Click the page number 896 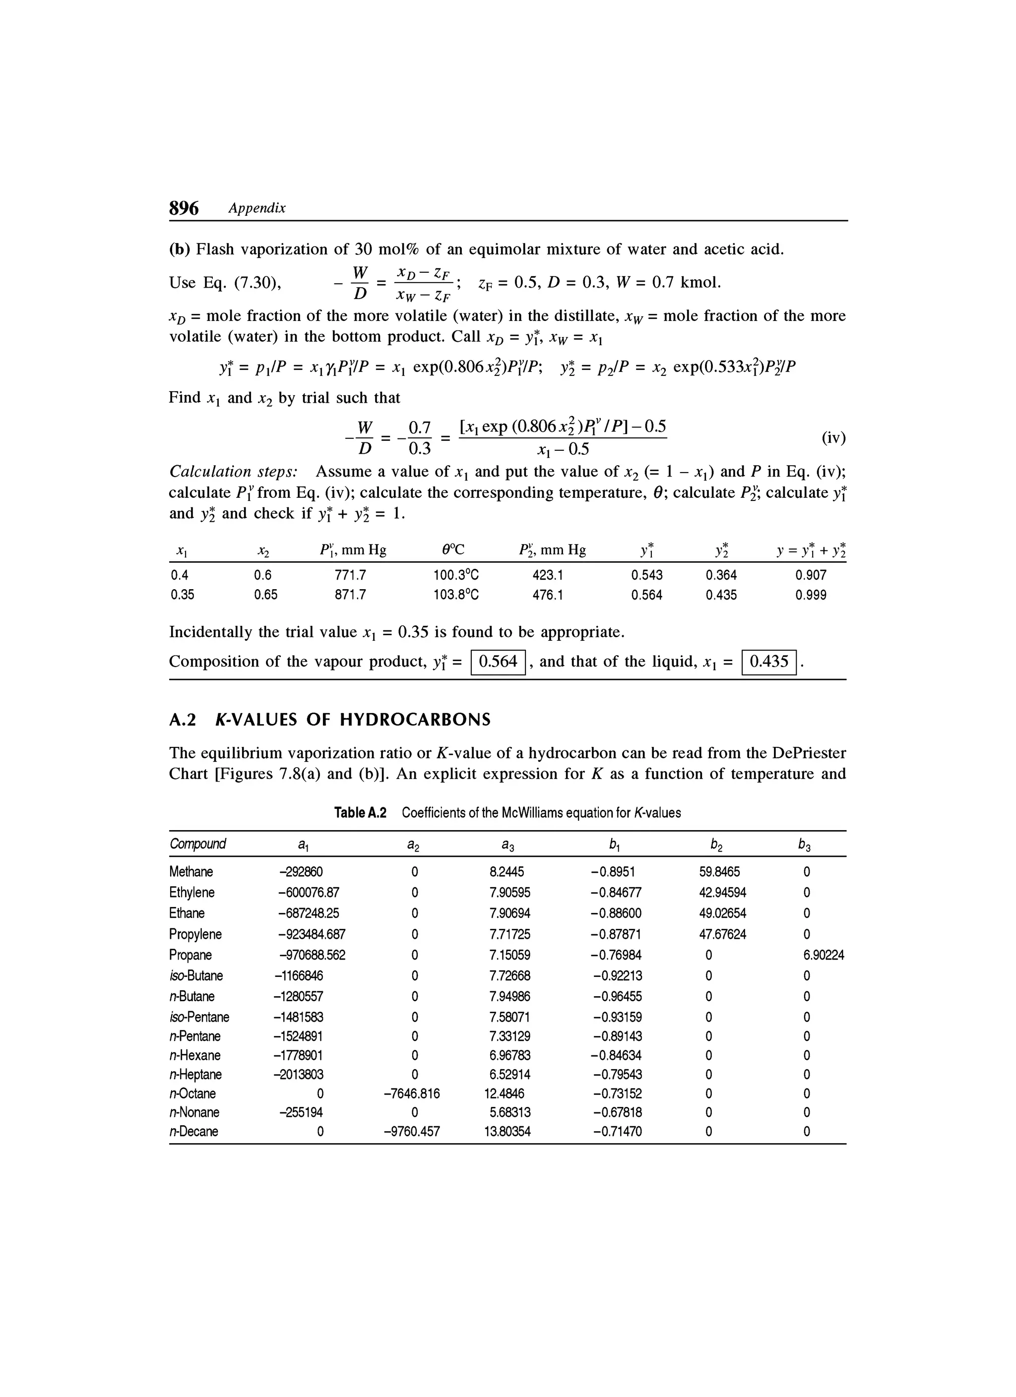(x=184, y=208)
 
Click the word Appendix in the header (x=256, y=208)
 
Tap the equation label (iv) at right (x=833, y=438)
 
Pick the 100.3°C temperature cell (x=456, y=575)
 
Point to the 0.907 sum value (x=810, y=575)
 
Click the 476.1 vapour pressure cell (x=548, y=595)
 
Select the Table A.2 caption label (x=360, y=812)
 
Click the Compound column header (x=197, y=843)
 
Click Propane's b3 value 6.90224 (x=823, y=955)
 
